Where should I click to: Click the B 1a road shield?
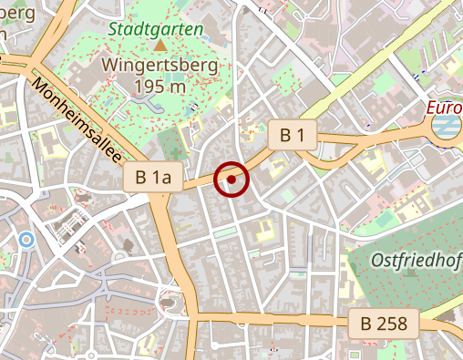[x=153, y=178]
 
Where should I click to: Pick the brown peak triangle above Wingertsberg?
[x=160, y=45]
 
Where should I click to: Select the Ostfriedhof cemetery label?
[x=417, y=260]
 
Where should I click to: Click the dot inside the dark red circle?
[x=231, y=180]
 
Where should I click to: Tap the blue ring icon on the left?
[x=26, y=240]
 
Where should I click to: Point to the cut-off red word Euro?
[x=444, y=108]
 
